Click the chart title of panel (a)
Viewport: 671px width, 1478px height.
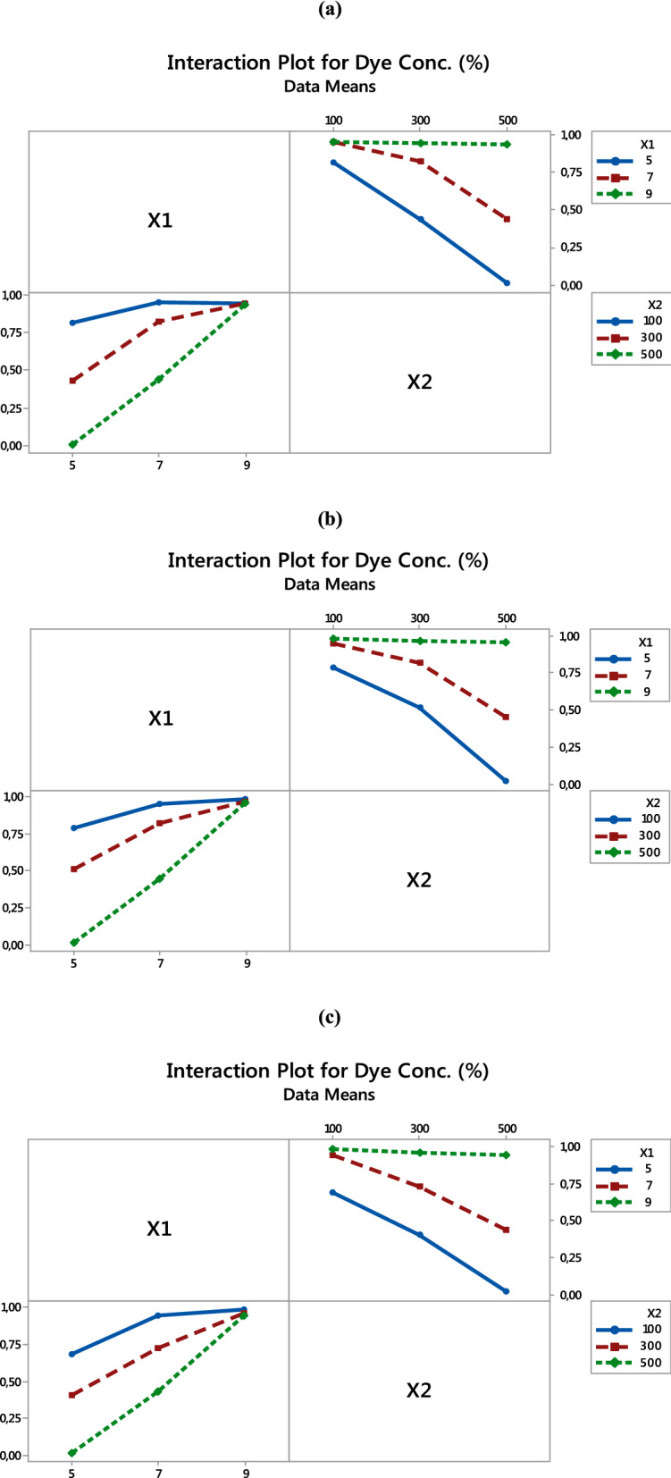coord(328,63)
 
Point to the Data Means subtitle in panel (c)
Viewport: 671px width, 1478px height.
coord(329,1094)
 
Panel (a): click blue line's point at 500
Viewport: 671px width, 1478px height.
coord(507,283)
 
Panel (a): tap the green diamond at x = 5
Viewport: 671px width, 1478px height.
coord(72,444)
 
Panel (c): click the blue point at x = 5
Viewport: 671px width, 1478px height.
coord(72,1354)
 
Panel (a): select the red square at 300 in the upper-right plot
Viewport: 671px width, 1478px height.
coord(420,161)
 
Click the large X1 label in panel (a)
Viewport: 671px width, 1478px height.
coord(160,221)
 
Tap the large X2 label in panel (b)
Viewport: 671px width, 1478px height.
coord(419,880)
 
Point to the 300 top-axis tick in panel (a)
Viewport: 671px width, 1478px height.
coord(420,121)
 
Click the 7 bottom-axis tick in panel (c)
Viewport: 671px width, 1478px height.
coord(159,1473)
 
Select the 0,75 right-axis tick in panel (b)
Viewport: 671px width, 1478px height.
coord(570,673)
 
